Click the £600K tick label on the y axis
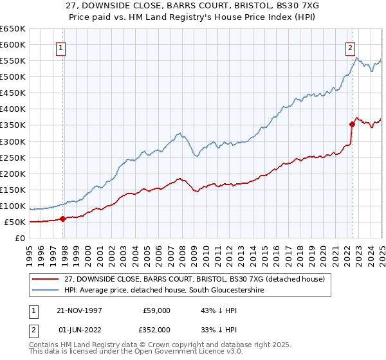click(x=13, y=44)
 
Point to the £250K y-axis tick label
click(x=13, y=157)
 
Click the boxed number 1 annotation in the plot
click(x=60, y=47)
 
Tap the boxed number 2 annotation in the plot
click(x=351, y=47)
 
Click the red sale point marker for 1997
click(x=63, y=219)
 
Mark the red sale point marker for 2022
click(x=352, y=124)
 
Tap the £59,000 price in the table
click(x=156, y=310)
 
